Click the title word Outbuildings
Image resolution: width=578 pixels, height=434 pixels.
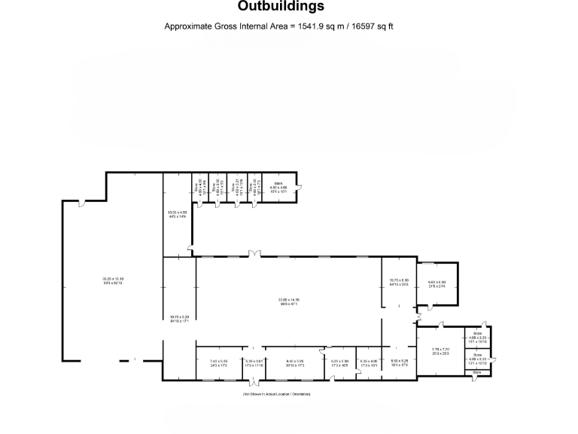[281, 7]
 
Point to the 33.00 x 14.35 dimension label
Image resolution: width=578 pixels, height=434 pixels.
[288, 301]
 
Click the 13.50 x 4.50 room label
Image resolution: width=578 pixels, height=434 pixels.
[177, 215]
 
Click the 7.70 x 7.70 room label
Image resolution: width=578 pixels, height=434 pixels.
[441, 351]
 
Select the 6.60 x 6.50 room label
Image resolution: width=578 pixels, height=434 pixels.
[437, 284]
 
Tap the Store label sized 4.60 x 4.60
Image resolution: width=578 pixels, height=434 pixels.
[278, 188]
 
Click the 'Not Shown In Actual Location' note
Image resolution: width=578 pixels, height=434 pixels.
[276, 395]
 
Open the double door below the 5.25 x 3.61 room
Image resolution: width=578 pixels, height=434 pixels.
[253, 382]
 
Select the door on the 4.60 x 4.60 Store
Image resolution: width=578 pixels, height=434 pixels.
[299, 187]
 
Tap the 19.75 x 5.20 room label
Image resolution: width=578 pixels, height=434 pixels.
[179, 319]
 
